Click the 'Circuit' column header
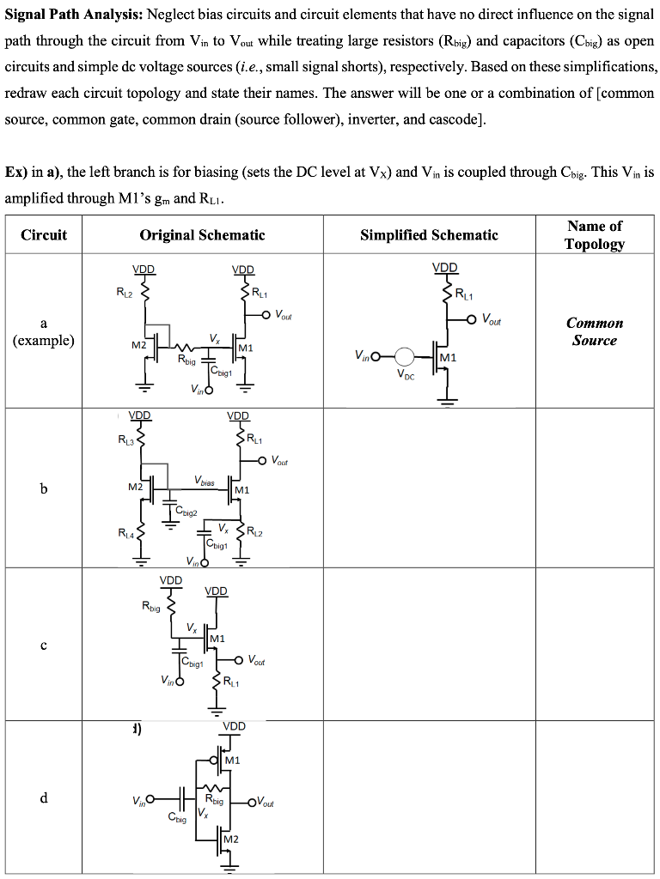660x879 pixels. pos(44,234)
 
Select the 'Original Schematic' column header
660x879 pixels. pos(202,234)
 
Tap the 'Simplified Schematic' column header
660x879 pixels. pos(429,234)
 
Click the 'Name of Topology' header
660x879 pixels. pos(595,234)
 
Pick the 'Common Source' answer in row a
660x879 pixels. pos(595,331)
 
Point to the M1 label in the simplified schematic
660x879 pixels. pos(448,356)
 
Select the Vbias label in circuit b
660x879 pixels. pos(205,482)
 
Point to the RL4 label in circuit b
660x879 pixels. pos(125,533)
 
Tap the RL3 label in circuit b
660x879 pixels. pos(125,440)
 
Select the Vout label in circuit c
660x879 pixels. pos(256,660)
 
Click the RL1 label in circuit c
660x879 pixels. pos(232,683)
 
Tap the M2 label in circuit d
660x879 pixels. pos(231,838)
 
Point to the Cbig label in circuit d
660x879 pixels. pos(178,819)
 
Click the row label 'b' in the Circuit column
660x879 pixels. pos(43,488)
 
